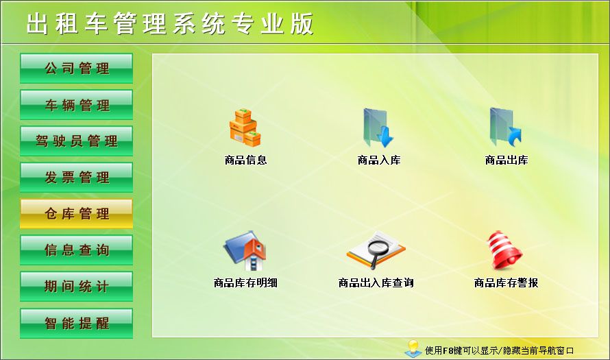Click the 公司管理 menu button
point(76,69)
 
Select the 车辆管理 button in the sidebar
point(76,105)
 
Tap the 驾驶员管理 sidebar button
point(76,141)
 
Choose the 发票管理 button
point(76,178)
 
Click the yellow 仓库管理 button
point(76,214)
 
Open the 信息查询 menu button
point(76,250)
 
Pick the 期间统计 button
point(76,287)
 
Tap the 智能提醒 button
point(76,323)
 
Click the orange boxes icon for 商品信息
point(245,128)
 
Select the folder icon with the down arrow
point(378,128)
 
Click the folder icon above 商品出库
point(505,128)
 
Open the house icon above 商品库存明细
point(245,251)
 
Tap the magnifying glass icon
point(376,250)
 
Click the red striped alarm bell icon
point(505,250)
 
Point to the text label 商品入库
point(378,160)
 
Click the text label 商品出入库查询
point(376,283)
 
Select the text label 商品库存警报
point(506,283)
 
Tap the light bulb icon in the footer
point(413,348)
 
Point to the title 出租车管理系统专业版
point(170,24)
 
